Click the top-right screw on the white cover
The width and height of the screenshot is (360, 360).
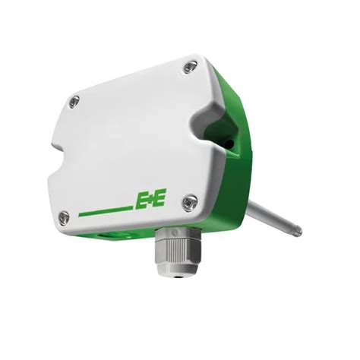pyautogui.click(x=191, y=67)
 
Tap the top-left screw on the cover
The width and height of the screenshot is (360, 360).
pyautogui.click(x=74, y=102)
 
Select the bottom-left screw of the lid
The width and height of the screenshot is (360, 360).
pyautogui.click(x=64, y=217)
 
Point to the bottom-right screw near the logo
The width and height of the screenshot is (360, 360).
pyautogui.click(x=190, y=203)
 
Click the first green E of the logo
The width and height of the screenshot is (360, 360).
pyautogui.click(x=141, y=201)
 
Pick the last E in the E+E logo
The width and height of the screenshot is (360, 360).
pyautogui.click(x=159, y=197)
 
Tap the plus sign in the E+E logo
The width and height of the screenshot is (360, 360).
pyautogui.click(x=150, y=199)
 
